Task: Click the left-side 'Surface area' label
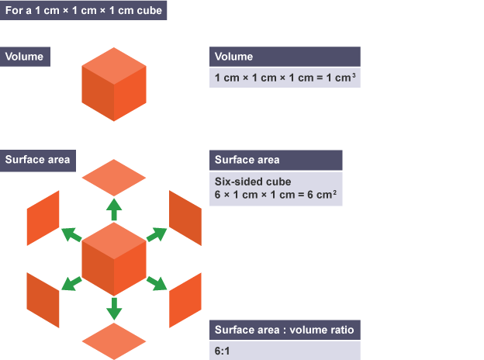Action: point(37,160)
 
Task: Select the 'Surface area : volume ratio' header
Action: point(284,330)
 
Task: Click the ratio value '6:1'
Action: point(223,351)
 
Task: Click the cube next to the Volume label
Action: point(114,84)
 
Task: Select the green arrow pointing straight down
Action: point(114,308)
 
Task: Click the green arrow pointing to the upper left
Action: point(72,234)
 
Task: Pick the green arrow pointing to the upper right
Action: point(156,234)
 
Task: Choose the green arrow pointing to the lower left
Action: point(72,283)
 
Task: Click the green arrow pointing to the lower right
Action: point(156,283)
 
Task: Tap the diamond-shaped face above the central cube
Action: point(114,177)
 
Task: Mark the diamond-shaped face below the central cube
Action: point(114,340)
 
